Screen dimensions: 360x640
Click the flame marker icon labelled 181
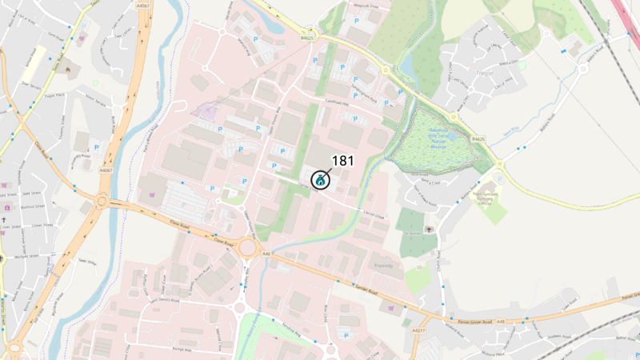320,180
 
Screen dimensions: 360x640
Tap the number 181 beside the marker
342,161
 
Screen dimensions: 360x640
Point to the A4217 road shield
418,330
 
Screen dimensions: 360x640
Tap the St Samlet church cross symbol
430,230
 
